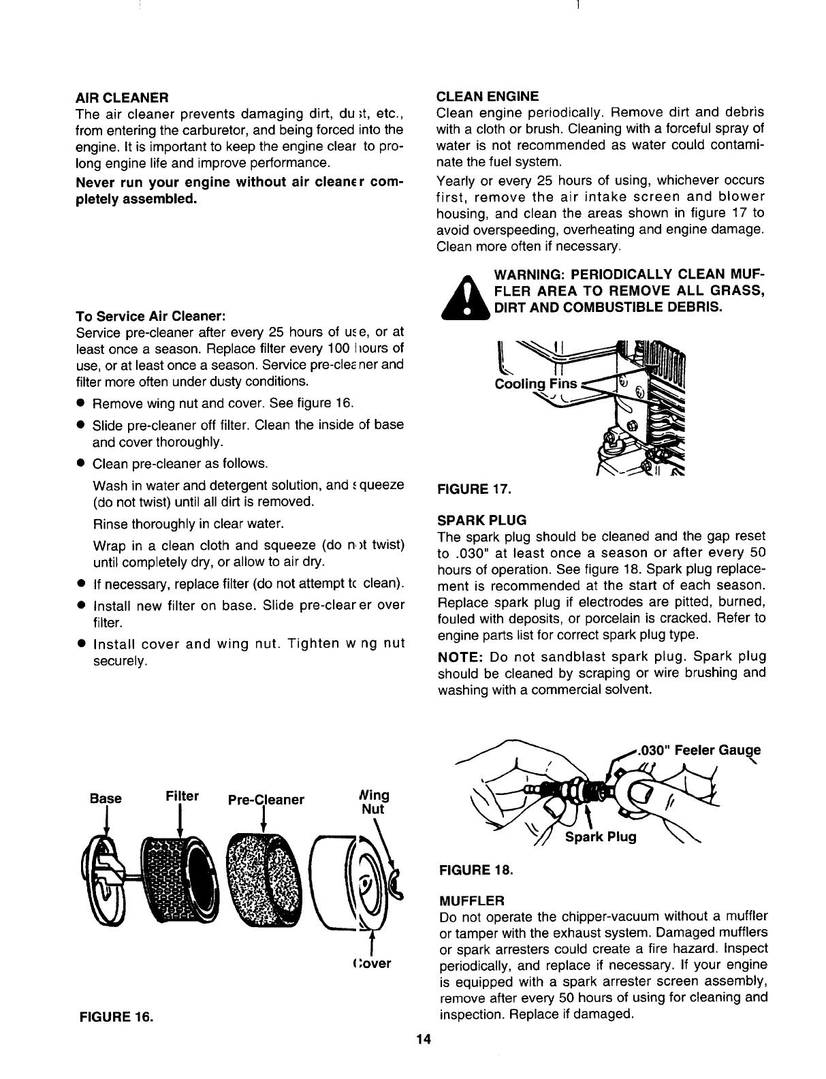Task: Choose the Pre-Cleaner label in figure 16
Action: pyautogui.click(x=266, y=799)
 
